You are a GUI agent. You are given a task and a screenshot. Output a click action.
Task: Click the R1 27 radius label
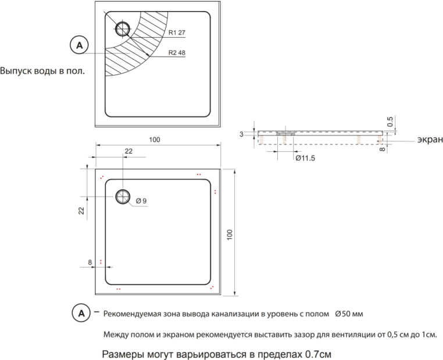pos(176,33)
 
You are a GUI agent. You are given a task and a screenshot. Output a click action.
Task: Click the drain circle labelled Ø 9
pos(124,197)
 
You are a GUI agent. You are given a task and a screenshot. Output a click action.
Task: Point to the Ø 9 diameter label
pos(141,202)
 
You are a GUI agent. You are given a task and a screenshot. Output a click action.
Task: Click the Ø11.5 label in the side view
pos(305,157)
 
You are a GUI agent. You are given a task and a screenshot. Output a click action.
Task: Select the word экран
pos(430,140)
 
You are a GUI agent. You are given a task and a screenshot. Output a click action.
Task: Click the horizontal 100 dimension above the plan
pos(155,140)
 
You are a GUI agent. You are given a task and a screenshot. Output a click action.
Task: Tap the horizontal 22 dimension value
pos(128,151)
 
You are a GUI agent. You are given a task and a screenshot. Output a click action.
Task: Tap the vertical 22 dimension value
pos(81,210)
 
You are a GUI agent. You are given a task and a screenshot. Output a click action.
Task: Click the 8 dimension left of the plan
pos(90,262)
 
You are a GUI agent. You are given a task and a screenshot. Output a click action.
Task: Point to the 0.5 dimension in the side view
pos(390,122)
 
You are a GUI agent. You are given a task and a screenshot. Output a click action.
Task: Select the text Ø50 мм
pos(349,314)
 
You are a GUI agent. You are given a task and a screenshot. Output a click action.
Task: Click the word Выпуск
pos(16,72)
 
